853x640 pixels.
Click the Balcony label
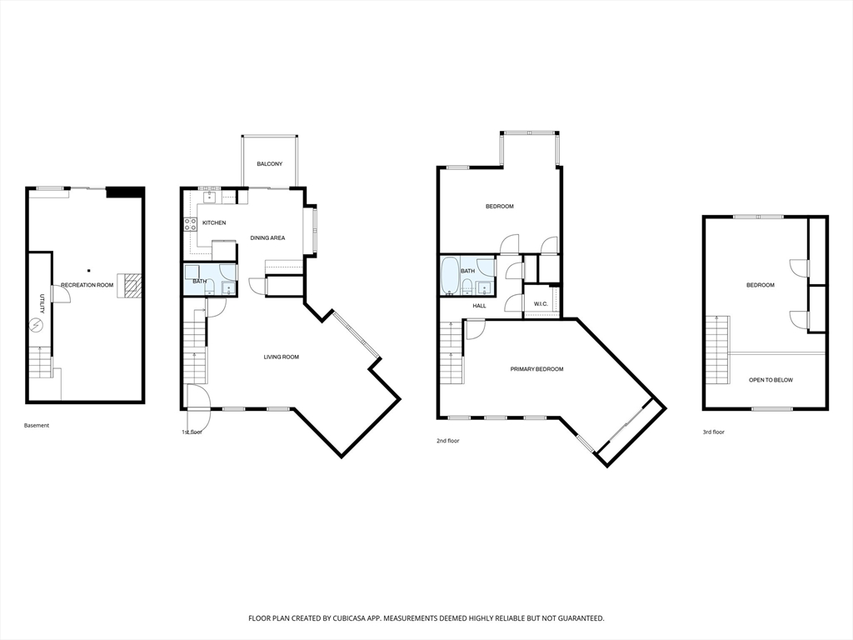pyautogui.click(x=269, y=164)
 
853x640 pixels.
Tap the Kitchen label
pyautogui.click(x=214, y=222)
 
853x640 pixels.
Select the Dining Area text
pyautogui.click(x=267, y=237)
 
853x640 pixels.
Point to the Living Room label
pyautogui.click(x=282, y=357)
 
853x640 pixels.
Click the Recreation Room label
pyautogui.click(x=87, y=285)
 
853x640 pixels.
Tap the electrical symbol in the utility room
pyautogui.click(x=37, y=326)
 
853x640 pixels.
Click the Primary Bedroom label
pyautogui.click(x=536, y=369)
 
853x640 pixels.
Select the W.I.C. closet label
pyautogui.click(x=541, y=303)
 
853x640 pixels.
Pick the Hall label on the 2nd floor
pyautogui.click(x=479, y=306)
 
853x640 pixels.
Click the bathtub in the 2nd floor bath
pyautogui.click(x=450, y=275)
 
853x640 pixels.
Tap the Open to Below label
pyautogui.click(x=771, y=380)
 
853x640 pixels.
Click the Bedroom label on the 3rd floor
pyautogui.click(x=760, y=285)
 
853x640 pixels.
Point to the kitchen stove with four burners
pyautogui.click(x=191, y=224)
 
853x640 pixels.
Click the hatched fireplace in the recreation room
pyautogui.click(x=131, y=287)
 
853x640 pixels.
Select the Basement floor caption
pyautogui.click(x=37, y=426)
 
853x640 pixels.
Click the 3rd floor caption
pyautogui.click(x=713, y=432)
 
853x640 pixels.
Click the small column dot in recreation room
pyautogui.click(x=88, y=271)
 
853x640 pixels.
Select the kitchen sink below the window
pyautogui.click(x=209, y=196)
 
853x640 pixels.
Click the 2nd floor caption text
pyautogui.click(x=447, y=441)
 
